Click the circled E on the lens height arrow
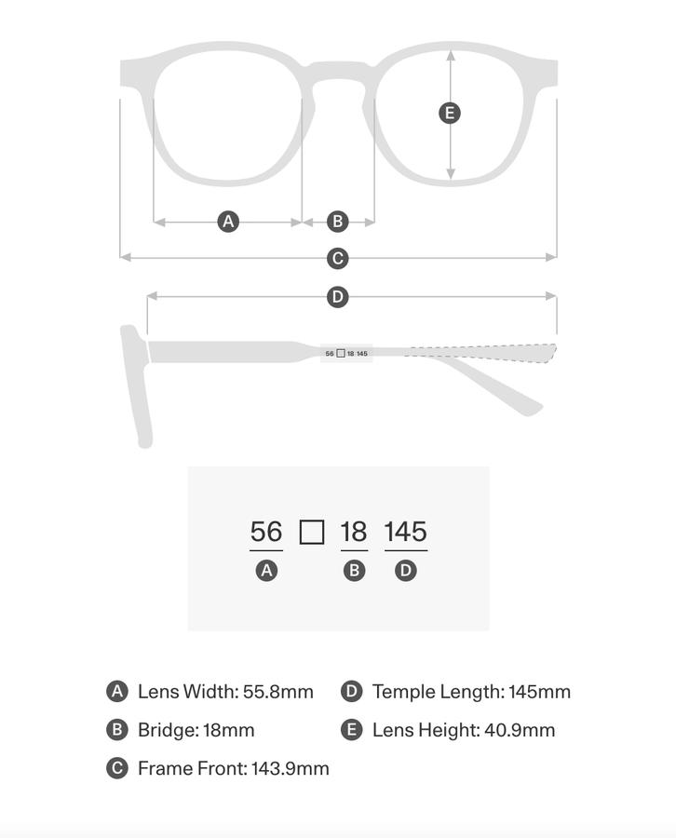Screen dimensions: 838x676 tap(450, 114)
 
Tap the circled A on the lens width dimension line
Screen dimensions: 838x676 tap(228, 222)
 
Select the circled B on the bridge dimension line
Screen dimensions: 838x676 tap(338, 222)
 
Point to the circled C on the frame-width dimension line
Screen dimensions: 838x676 tap(338, 258)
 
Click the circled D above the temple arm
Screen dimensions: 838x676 tap(338, 297)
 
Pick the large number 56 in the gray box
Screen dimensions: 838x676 tap(266, 532)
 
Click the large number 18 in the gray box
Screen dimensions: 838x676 tap(354, 532)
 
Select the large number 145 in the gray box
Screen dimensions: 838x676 tap(405, 532)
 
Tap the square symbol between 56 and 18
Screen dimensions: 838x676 tap(312, 533)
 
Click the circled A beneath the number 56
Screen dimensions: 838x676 tap(266, 571)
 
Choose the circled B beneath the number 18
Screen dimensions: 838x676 tap(354, 571)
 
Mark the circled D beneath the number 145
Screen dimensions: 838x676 tap(405, 571)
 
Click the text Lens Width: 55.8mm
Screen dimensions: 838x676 tap(225, 692)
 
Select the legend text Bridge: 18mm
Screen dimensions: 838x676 tap(196, 730)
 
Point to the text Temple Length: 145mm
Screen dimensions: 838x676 tap(471, 692)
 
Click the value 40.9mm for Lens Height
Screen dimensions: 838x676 tap(520, 730)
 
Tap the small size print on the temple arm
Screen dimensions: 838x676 tap(346, 354)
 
